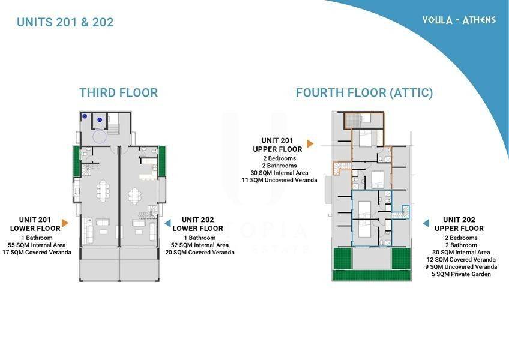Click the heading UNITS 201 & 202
(x=65, y=22)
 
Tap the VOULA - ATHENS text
(x=459, y=20)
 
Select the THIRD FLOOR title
(x=119, y=93)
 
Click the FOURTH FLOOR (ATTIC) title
(x=364, y=93)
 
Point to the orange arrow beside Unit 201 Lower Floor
(x=65, y=223)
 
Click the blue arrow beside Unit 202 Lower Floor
(x=167, y=223)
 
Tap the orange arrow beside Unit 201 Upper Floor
(x=310, y=143)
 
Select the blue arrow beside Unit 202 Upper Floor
(x=426, y=223)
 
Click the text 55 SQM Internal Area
(x=37, y=245)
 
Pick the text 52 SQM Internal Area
(x=200, y=245)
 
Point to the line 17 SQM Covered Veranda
(x=37, y=252)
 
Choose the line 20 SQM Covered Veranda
(x=200, y=252)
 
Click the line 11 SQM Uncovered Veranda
(x=280, y=180)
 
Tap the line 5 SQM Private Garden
(x=461, y=274)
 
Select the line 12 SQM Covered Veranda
(x=461, y=260)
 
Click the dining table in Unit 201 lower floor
(x=103, y=190)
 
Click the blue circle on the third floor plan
(x=99, y=137)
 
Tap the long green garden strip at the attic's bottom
(x=372, y=275)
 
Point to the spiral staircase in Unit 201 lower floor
(x=86, y=170)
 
